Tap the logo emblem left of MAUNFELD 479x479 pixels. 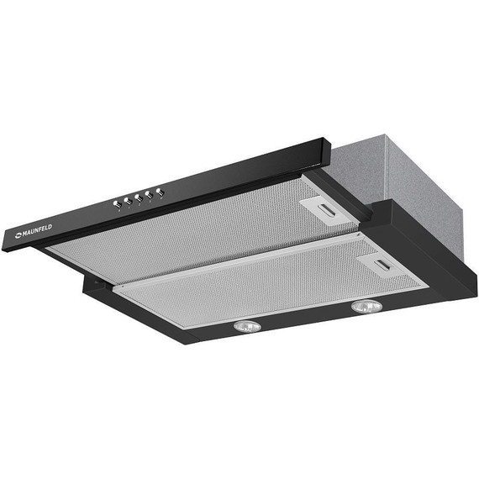(x=18, y=235)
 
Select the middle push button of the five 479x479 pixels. (x=139, y=198)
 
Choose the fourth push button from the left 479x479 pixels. (x=150, y=195)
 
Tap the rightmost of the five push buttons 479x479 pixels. (x=160, y=192)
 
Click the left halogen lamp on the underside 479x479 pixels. (x=247, y=327)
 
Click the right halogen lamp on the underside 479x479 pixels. (x=366, y=307)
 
